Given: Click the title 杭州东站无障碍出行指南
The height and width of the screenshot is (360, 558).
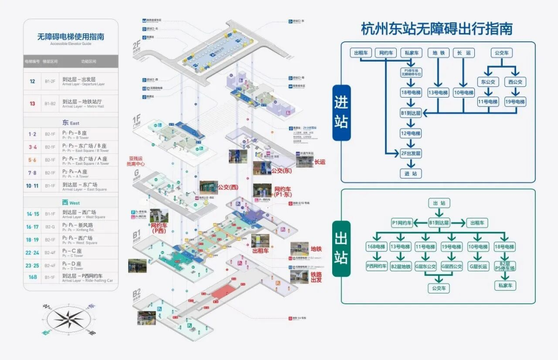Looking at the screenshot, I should tap(437, 28).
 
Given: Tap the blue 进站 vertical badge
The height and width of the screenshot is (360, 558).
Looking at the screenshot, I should tap(341, 113).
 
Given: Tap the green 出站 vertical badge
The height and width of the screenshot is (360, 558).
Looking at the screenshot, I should tap(341, 249).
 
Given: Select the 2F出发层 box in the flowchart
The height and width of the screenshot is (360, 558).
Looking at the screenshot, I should tap(411, 153).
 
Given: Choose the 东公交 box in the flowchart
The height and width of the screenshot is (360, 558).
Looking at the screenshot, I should tap(487, 82).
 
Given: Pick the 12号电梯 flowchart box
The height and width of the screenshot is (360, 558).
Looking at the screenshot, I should tap(411, 133).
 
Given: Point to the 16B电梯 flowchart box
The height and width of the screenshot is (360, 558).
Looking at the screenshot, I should tap(377, 247).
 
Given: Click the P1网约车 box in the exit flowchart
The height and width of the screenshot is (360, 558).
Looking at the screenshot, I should tap(401, 223).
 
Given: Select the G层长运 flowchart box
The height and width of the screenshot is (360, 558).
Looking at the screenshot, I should tap(478, 267).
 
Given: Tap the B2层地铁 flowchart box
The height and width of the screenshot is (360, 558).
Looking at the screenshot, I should tap(401, 267).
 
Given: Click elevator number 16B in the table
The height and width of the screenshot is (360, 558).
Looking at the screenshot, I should tap(33, 277).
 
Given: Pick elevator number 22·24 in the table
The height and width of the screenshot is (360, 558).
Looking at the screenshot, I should tap(33, 253).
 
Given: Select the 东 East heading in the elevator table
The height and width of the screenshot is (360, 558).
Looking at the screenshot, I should tap(71, 123).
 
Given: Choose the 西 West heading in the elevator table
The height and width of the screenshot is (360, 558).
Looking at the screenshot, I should tap(71, 203).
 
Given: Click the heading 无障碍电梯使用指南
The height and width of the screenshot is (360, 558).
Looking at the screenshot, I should tap(71, 37).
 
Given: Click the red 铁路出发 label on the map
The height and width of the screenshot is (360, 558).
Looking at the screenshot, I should tap(316, 277).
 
